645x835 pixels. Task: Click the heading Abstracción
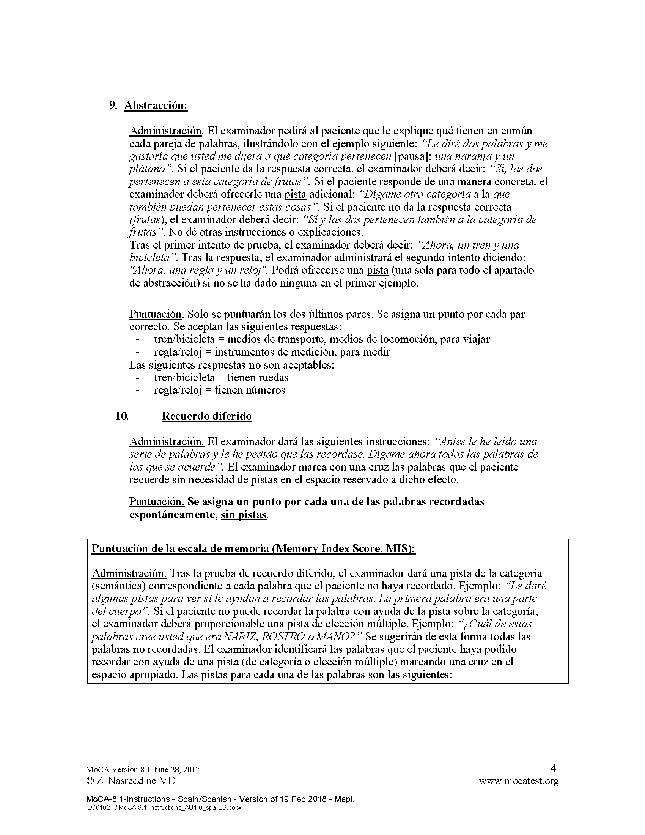point(156,106)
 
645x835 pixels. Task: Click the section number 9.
point(113,106)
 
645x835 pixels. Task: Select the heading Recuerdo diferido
point(207,416)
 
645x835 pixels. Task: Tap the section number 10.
point(122,416)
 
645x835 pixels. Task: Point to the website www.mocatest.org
point(519,781)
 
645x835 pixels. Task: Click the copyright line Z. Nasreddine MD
point(131,781)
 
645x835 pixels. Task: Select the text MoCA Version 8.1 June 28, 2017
point(143,770)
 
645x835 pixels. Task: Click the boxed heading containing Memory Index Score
point(253,549)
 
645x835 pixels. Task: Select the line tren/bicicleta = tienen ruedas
point(221,378)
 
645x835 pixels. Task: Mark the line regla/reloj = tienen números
point(219,390)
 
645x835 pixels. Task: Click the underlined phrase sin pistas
point(244,515)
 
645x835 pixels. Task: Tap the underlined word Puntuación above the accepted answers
point(155,314)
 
